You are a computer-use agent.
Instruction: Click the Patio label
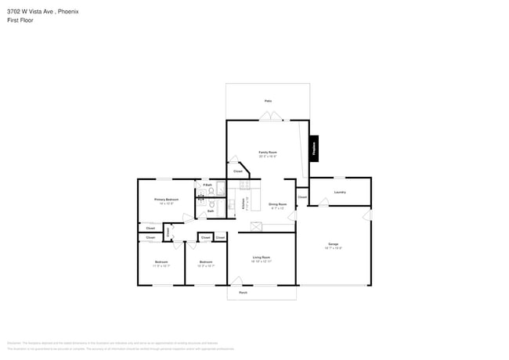pos(268,101)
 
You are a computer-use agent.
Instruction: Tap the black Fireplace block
pos(315,148)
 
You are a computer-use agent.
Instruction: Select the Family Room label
pos(268,152)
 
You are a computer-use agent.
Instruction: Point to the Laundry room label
pos(340,192)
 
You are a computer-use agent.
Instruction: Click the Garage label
pos(333,245)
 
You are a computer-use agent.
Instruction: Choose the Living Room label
pos(261,257)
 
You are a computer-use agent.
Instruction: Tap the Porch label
pos(244,293)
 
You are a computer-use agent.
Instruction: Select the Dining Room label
pos(278,204)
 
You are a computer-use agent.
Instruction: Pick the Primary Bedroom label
pos(166,200)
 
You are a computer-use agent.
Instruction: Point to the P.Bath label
pos(208,185)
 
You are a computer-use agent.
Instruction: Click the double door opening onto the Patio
pos(271,117)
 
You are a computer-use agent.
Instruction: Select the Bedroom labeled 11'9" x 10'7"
pos(161,262)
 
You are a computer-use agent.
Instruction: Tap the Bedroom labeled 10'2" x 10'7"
pos(205,262)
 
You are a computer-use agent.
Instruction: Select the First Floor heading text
pos(20,20)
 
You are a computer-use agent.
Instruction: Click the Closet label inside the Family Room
pos(237,171)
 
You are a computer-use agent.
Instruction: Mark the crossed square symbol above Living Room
pos(255,227)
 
